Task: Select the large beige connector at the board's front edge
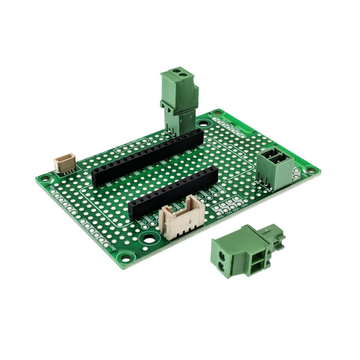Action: pos(180,221)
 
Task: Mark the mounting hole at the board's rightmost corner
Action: pos(309,169)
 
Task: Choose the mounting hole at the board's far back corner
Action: pos(216,116)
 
